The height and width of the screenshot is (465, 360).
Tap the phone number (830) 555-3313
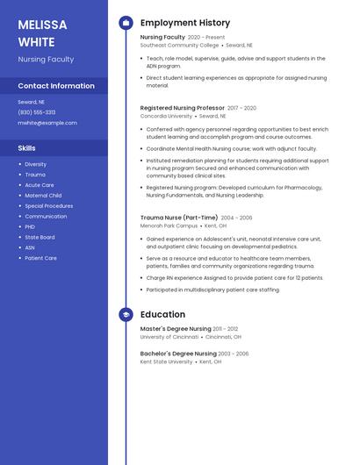click(x=37, y=112)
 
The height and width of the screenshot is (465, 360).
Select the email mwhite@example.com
click(x=47, y=123)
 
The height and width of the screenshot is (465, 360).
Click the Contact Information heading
click(x=56, y=86)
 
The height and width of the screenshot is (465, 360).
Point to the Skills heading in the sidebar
click(x=27, y=148)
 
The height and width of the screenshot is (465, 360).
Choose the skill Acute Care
click(x=40, y=185)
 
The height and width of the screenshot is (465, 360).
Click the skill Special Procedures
click(x=49, y=206)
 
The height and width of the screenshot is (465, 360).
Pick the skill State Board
click(x=40, y=237)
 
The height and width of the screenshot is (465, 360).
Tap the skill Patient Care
click(x=41, y=258)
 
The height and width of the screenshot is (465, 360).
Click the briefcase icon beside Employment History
click(x=126, y=23)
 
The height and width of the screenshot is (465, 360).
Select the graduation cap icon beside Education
click(x=126, y=314)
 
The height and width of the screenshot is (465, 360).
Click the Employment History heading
click(x=185, y=23)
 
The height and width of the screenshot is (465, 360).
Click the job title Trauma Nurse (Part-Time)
click(x=178, y=218)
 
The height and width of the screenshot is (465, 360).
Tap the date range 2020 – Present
click(x=206, y=38)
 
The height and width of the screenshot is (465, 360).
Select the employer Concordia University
click(x=166, y=116)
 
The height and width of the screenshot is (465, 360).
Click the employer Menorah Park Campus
click(x=169, y=225)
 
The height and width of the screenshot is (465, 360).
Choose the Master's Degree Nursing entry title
click(x=176, y=329)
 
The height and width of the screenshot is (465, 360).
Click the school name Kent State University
click(x=166, y=361)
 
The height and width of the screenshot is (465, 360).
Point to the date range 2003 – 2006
click(x=231, y=354)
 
